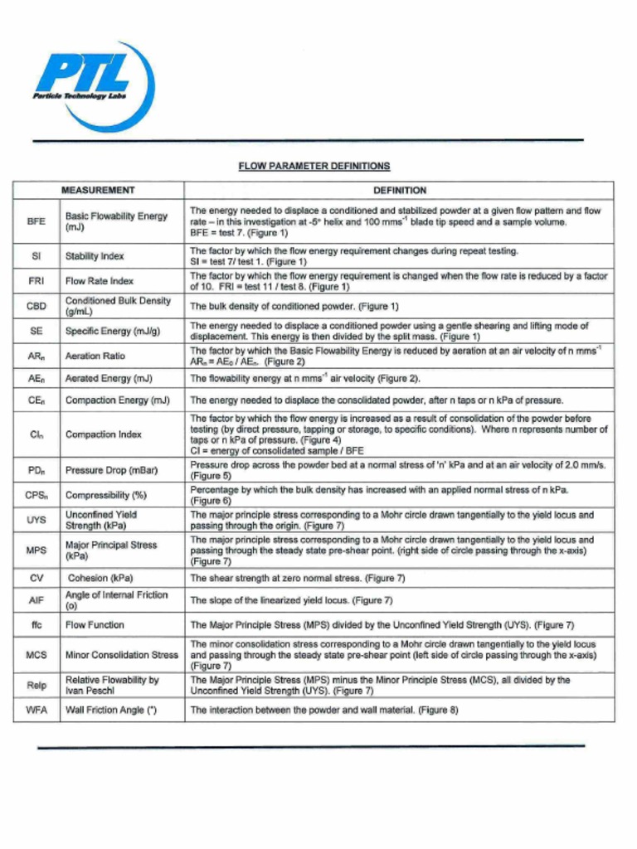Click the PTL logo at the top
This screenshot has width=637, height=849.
point(92,83)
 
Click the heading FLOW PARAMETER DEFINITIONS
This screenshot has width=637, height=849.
point(314,166)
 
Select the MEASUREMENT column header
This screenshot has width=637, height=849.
point(98,191)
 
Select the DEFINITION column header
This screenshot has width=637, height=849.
point(400,191)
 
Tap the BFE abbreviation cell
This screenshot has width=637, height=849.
point(36,221)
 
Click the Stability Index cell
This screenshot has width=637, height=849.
point(95,256)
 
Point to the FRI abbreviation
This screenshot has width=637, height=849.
point(36,281)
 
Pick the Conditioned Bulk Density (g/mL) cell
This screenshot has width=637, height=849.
point(118,306)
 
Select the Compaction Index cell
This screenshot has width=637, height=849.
point(104,434)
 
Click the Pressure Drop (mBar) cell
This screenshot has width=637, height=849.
point(111,470)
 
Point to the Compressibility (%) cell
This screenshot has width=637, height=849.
point(105,496)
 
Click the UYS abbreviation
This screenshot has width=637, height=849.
point(36,521)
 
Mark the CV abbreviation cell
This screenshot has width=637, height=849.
point(36,578)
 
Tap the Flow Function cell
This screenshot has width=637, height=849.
point(95,625)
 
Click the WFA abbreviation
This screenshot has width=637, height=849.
point(36,711)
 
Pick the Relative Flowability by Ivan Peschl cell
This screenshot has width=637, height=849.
point(112,685)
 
